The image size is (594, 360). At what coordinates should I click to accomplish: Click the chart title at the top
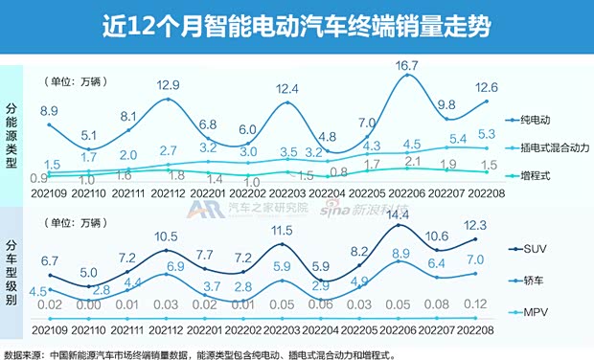click(296, 25)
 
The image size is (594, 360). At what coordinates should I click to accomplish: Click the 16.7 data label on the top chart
click(409, 65)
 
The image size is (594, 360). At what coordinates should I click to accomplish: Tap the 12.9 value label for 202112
click(168, 86)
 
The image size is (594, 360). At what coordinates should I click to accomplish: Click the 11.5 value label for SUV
click(281, 231)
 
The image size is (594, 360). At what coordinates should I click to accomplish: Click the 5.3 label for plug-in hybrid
click(486, 133)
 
